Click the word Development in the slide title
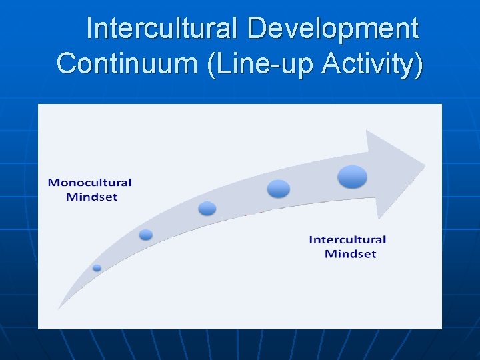click(332, 29)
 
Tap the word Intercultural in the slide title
click(163, 29)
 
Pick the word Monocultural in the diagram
click(90, 183)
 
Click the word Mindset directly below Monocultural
click(91, 197)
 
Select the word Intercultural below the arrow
click(347, 239)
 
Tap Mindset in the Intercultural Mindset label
click(350, 253)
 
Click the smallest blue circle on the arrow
click(97, 268)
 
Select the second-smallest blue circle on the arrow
click(146, 235)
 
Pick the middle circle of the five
click(207, 209)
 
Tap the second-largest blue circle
click(279, 189)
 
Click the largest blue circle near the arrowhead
click(352, 177)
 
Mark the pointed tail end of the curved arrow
click(59, 309)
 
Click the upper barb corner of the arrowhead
click(367, 131)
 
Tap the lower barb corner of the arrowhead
click(379, 219)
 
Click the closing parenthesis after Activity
click(418, 64)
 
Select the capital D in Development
click(256, 29)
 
